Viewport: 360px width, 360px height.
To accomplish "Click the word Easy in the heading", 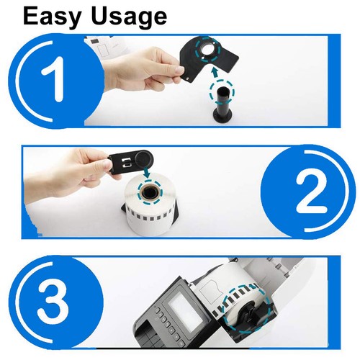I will pos(54,15).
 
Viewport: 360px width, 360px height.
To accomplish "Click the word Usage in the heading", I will pos(127,17).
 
